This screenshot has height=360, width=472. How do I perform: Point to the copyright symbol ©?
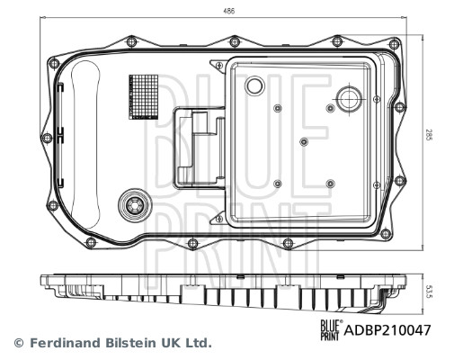pyautogui.click(x=17, y=343)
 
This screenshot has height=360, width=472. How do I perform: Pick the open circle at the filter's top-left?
pyautogui.click(x=254, y=85)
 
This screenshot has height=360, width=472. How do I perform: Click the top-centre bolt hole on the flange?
pyautogui.click(x=235, y=41)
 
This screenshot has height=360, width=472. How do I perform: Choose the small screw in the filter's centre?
pyautogui.click(x=305, y=141)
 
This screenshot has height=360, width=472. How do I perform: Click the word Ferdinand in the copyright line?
pyautogui.click(x=64, y=343)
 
